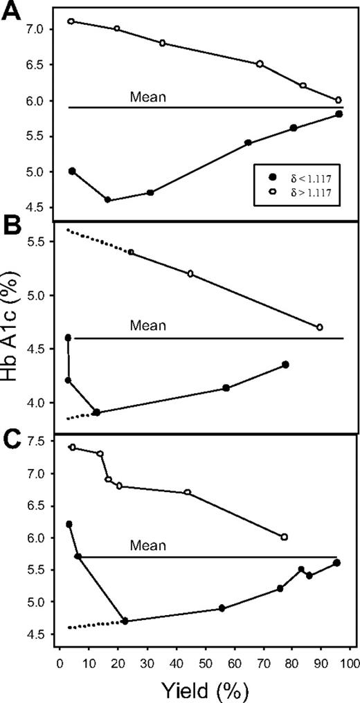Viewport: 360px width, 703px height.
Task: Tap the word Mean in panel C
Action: click(146, 546)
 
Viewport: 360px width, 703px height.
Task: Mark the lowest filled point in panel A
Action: click(107, 199)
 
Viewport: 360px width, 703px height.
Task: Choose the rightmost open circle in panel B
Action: click(319, 327)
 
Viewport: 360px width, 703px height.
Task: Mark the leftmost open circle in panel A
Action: click(71, 21)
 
